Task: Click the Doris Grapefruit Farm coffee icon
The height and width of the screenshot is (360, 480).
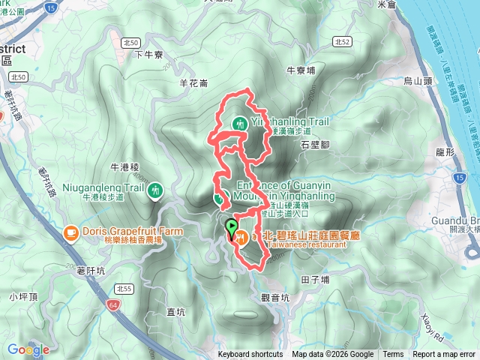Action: coord(70,232)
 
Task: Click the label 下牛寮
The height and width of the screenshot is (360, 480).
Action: coord(148,54)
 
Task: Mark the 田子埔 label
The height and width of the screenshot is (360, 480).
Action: coord(315,279)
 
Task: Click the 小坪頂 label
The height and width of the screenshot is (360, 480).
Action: coord(22,297)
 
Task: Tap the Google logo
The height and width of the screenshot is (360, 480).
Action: coord(28,349)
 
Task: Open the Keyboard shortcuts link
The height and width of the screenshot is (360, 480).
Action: coord(250,355)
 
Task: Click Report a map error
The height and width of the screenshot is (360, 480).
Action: coord(444,355)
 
